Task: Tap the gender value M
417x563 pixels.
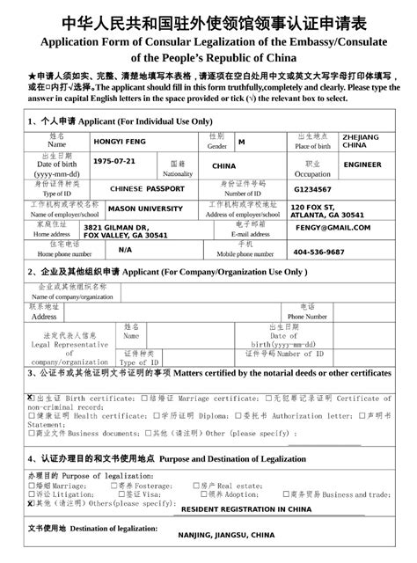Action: click(x=241, y=142)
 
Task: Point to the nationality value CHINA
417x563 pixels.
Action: click(x=225, y=165)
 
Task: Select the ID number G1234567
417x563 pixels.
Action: click(x=312, y=188)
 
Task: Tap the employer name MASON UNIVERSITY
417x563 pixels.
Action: click(x=143, y=208)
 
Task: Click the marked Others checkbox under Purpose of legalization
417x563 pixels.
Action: click(x=31, y=505)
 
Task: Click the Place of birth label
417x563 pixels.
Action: click(x=313, y=146)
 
